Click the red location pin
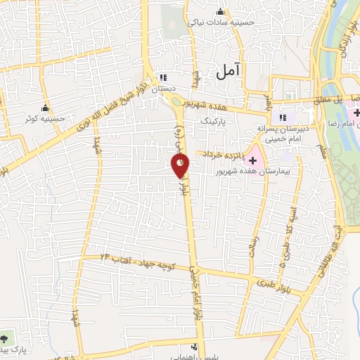[x=181, y=166]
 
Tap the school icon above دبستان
[x=164, y=77]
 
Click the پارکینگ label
[x=214, y=121]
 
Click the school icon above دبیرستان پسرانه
[x=283, y=117]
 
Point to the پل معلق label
[x=346, y=100]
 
